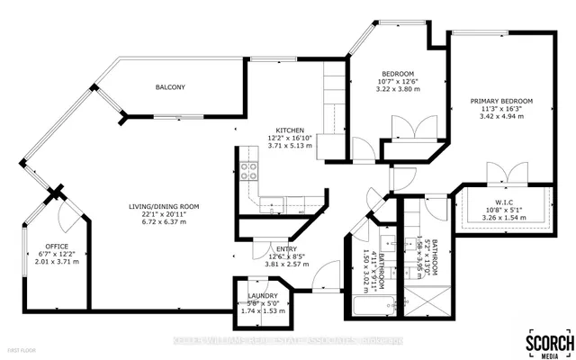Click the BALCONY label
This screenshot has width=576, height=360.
pos(170,87)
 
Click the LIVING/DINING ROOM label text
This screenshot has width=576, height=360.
pos(163,207)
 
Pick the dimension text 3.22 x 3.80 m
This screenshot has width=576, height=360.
pos(397,91)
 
